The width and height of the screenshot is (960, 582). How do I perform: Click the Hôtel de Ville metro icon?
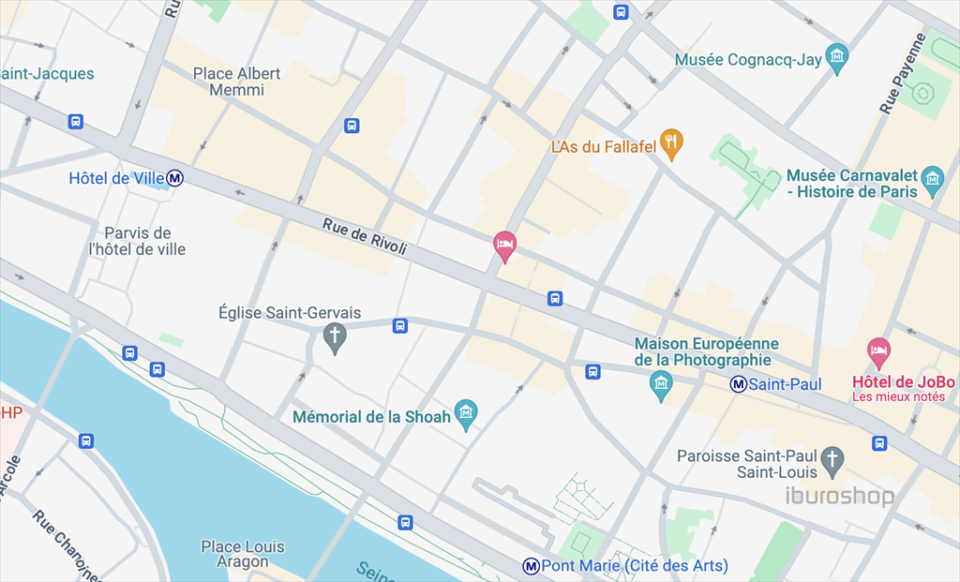[x=175, y=178]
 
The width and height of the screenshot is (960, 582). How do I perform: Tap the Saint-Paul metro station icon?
[x=739, y=383]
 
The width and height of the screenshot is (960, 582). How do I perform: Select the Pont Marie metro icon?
[x=532, y=566]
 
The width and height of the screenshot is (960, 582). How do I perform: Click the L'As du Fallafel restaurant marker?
[x=671, y=142]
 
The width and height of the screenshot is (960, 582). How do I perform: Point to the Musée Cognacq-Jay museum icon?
[x=837, y=56]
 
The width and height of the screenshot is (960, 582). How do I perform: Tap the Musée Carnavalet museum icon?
[x=932, y=178]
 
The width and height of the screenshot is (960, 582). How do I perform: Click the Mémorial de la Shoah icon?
[x=466, y=412]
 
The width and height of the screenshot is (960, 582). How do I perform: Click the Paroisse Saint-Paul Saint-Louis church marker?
[x=832, y=459]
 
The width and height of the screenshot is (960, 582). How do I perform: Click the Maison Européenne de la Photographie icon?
[x=662, y=383]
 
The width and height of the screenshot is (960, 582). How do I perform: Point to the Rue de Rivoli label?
[x=365, y=237]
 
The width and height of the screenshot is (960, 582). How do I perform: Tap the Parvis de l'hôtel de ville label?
[x=137, y=241]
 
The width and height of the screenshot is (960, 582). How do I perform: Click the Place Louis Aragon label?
[x=242, y=554]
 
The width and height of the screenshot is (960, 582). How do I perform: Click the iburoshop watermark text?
[x=839, y=496]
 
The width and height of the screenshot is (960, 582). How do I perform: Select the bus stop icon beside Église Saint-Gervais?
[x=400, y=325]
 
